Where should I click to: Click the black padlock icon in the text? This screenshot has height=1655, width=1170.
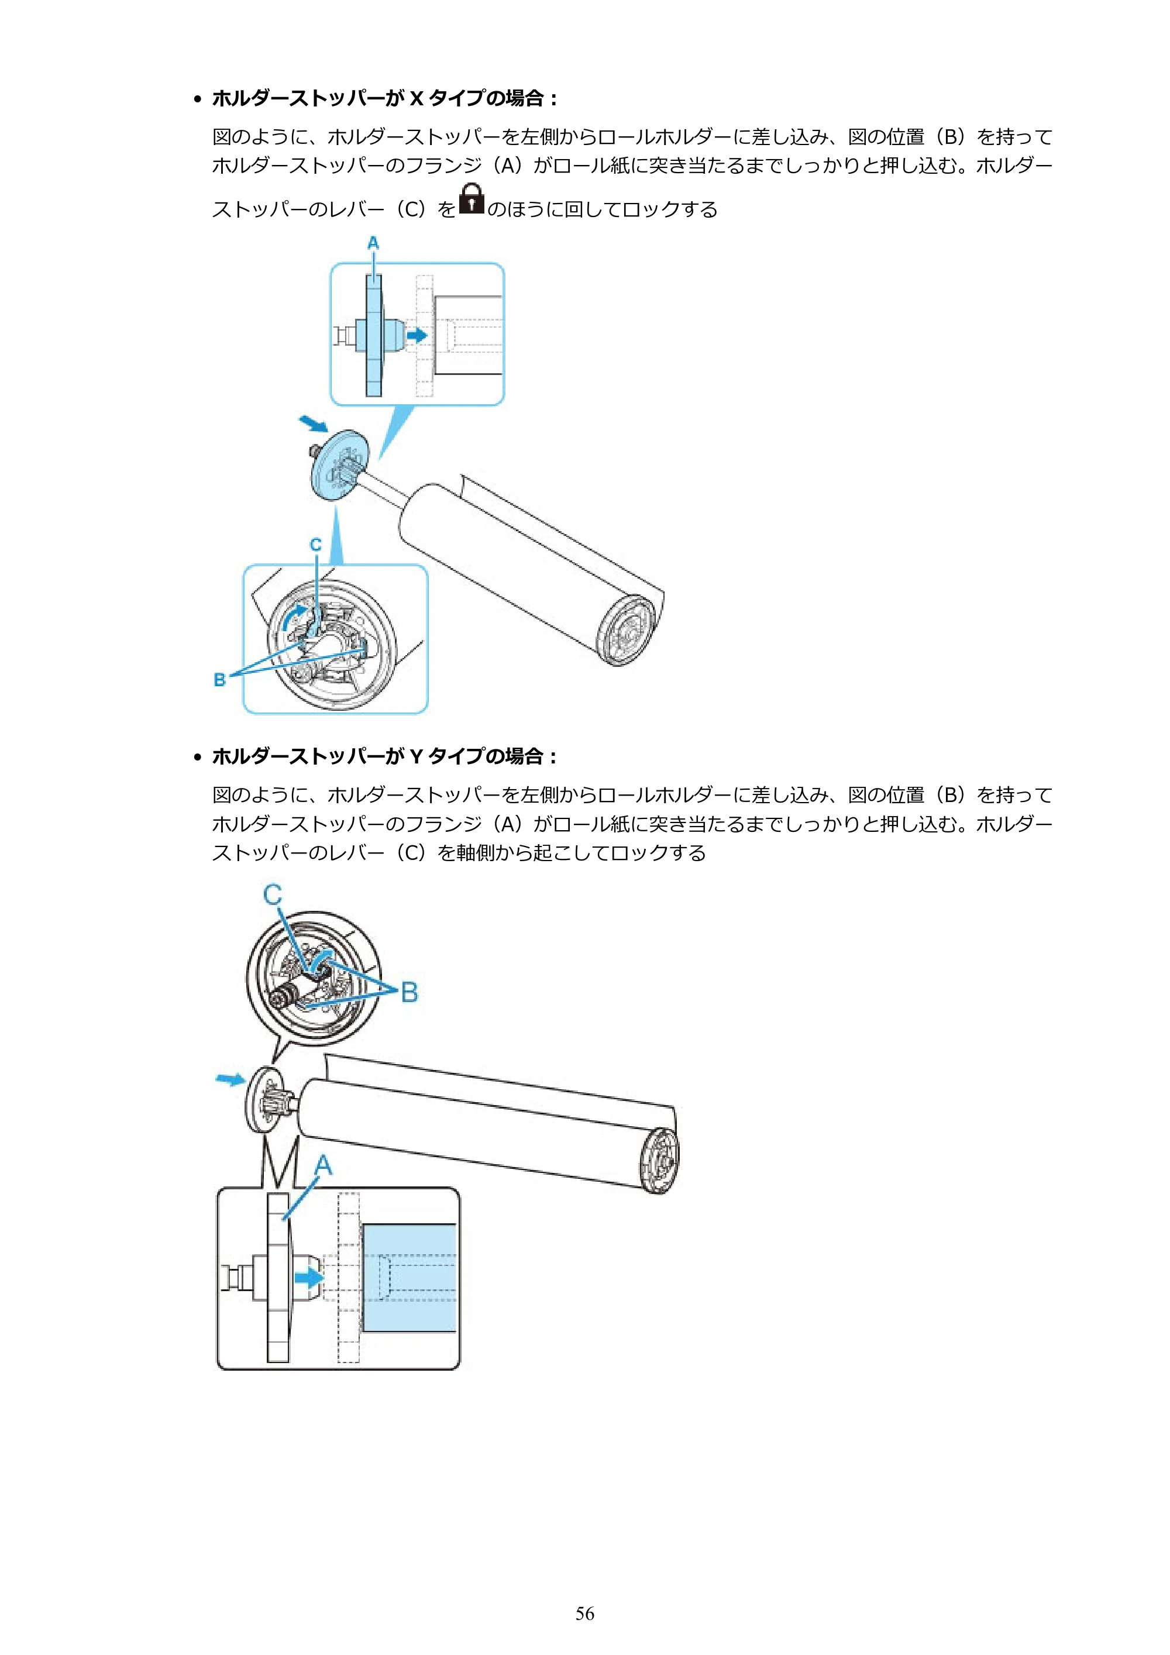coord(472,198)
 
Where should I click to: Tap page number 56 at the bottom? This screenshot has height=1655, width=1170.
coord(584,1613)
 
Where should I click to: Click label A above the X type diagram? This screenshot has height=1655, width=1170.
coord(373,243)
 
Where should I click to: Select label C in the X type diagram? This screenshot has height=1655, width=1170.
coord(316,545)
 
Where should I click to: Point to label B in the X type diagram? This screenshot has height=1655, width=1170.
coord(220,680)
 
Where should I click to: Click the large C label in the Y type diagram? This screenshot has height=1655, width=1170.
coord(273,894)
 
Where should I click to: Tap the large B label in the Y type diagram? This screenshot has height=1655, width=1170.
coord(409,992)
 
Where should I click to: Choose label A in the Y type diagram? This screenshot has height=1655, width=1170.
coord(323,1165)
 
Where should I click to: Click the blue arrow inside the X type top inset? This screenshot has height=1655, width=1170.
coord(417,335)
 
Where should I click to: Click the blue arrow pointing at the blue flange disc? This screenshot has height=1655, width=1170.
coord(314,423)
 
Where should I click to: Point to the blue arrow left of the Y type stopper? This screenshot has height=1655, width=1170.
coord(230,1078)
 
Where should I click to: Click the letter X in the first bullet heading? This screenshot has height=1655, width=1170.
coord(416,98)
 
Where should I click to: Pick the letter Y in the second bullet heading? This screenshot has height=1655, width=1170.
coord(416,756)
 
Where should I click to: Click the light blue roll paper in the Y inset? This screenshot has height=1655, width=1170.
coord(409,1277)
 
